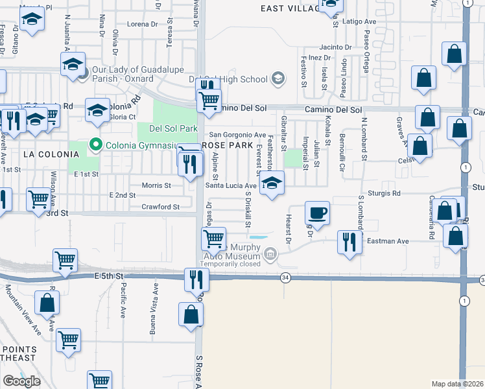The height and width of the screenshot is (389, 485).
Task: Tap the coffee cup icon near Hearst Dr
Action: (317, 213)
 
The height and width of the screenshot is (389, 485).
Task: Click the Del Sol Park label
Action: (172, 128)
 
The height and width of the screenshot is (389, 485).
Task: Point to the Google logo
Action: (21, 381)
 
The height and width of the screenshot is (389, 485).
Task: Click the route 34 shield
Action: (285, 277)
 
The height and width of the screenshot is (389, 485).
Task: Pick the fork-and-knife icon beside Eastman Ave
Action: (349, 242)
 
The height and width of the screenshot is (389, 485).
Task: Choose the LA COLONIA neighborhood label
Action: (51, 154)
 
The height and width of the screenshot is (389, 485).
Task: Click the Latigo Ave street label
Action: (359, 21)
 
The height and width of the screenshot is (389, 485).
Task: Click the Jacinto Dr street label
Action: (335, 47)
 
